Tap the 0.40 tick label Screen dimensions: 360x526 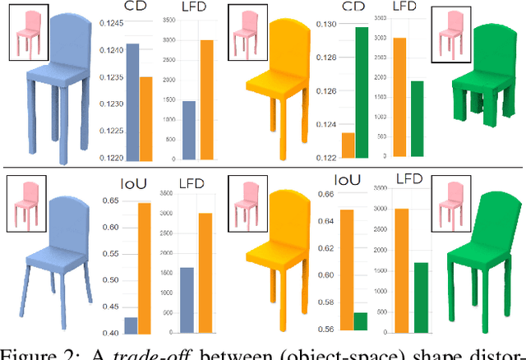pyautogui.click(x=115, y=332)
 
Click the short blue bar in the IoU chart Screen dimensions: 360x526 pyautogui.click(x=131, y=325)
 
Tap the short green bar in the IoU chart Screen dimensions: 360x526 pyautogui.click(x=360, y=322)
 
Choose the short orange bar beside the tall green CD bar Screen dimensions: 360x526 pyautogui.click(x=348, y=145)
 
